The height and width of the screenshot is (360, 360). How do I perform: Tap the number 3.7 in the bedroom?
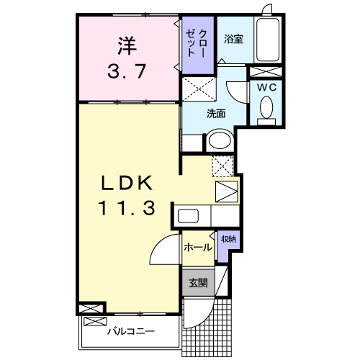pyautogui.click(x=128, y=72)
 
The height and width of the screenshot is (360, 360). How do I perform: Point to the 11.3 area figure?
pyautogui.click(x=127, y=209)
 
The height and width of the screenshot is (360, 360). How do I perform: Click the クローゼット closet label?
pyautogui.click(x=197, y=44)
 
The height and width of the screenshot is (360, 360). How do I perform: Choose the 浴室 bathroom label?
pyautogui.click(x=233, y=40)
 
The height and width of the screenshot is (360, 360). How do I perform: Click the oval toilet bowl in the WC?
pyautogui.click(x=265, y=109)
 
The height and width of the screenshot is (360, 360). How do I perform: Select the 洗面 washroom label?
pyautogui.click(x=216, y=113)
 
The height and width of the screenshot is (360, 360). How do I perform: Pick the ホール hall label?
pyautogui.click(x=197, y=248)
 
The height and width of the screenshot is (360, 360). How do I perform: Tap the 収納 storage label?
pyautogui.click(x=228, y=239)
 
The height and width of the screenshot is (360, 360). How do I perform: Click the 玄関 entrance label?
pyautogui.click(x=197, y=283)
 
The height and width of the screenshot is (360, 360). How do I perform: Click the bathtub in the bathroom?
pyautogui.click(x=268, y=40)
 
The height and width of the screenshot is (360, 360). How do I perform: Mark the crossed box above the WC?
pyautogui.click(x=265, y=71)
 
